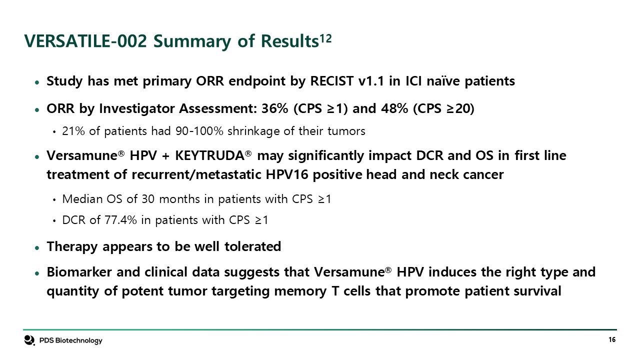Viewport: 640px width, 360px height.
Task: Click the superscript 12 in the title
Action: tap(325, 38)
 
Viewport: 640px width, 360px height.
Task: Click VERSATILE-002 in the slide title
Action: tap(85, 41)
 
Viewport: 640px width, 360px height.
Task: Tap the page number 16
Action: tap(612, 339)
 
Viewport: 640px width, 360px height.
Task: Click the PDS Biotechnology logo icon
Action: tap(29, 340)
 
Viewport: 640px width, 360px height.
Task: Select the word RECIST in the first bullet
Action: tap(331, 81)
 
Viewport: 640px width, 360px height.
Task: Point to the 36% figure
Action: tap(274, 108)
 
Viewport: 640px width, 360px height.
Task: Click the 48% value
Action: tap(394, 108)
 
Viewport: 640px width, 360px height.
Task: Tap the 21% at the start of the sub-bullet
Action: tap(73, 131)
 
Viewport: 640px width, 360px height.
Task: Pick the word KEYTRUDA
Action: tap(209, 155)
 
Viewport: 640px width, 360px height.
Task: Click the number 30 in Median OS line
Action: tap(148, 199)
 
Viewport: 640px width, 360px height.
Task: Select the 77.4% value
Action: tap(120, 220)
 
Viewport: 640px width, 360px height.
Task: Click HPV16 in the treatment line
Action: tap(287, 174)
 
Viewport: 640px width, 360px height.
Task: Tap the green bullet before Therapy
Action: tap(37, 247)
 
